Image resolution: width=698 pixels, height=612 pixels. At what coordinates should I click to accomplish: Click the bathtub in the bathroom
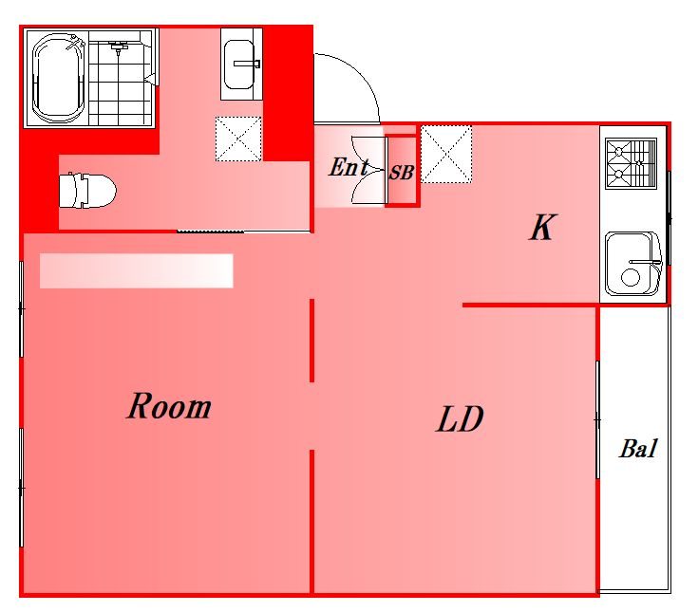(59, 78)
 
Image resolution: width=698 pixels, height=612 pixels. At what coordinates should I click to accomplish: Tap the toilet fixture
(87, 191)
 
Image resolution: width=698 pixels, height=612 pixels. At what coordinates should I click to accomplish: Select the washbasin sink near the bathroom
(241, 65)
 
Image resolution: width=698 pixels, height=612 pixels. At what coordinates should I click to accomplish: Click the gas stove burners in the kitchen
(631, 163)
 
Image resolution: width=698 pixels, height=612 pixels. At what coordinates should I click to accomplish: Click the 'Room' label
(169, 406)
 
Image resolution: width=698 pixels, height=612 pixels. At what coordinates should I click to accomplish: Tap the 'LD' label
(460, 418)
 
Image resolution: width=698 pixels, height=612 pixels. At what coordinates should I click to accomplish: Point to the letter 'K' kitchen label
(542, 228)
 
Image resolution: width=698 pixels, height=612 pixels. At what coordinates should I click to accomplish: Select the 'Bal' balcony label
(638, 448)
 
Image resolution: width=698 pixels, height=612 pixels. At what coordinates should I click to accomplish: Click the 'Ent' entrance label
(349, 168)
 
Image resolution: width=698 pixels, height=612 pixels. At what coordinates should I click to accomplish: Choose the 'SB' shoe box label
(402, 173)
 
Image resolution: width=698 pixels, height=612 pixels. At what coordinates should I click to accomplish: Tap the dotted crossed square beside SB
(446, 154)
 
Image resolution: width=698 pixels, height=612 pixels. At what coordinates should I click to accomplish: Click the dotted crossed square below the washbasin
(238, 139)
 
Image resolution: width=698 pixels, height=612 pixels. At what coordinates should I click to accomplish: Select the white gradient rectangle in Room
(137, 270)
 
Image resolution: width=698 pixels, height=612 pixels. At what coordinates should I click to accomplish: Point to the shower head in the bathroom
(119, 47)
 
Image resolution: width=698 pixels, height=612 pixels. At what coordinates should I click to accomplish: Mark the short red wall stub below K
(530, 306)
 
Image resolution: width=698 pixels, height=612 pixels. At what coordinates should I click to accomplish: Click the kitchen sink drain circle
(631, 278)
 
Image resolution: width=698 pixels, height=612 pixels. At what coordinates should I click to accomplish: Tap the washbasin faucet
(247, 65)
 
